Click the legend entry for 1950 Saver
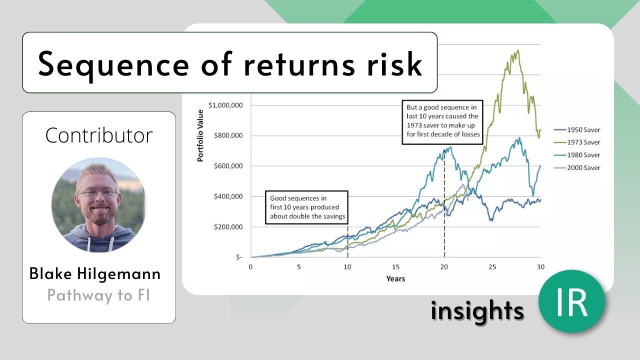(x=577, y=129)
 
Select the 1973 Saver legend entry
(x=577, y=142)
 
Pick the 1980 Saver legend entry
(x=577, y=155)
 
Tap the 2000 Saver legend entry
(x=577, y=167)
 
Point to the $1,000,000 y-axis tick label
(x=225, y=105)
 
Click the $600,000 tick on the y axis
(x=228, y=166)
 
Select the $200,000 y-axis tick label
(x=228, y=227)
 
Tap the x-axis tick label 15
(x=395, y=267)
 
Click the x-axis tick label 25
(x=492, y=267)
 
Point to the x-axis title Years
(x=395, y=279)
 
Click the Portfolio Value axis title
(x=200, y=135)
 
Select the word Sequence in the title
(x=113, y=64)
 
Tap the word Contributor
(x=99, y=135)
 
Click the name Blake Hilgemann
(x=95, y=273)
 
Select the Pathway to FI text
(x=98, y=295)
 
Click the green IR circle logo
(x=571, y=301)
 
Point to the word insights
(x=477, y=311)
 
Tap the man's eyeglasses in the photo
(x=97, y=193)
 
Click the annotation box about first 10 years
(x=307, y=207)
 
